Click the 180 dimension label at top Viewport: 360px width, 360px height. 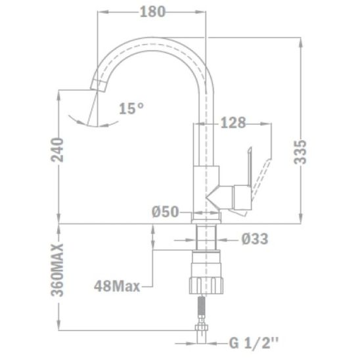pyautogui.click(x=152, y=12)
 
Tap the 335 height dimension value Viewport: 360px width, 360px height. pyautogui.click(x=300, y=152)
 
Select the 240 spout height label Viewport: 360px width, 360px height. pyautogui.click(x=57, y=150)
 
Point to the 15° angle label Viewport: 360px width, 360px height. pyautogui.click(x=131, y=108)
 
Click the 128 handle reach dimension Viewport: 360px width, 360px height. pyautogui.click(x=233, y=123)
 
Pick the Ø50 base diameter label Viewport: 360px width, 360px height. pyautogui.click(x=165, y=212)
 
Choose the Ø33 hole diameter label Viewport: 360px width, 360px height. pyautogui.click(x=255, y=239)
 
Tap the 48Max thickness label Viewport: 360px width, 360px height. pyautogui.click(x=117, y=286)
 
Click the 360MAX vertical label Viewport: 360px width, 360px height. pyautogui.click(x=57, y=270)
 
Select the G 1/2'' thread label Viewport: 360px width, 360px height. pyautogui.click(x=254, y=343)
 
